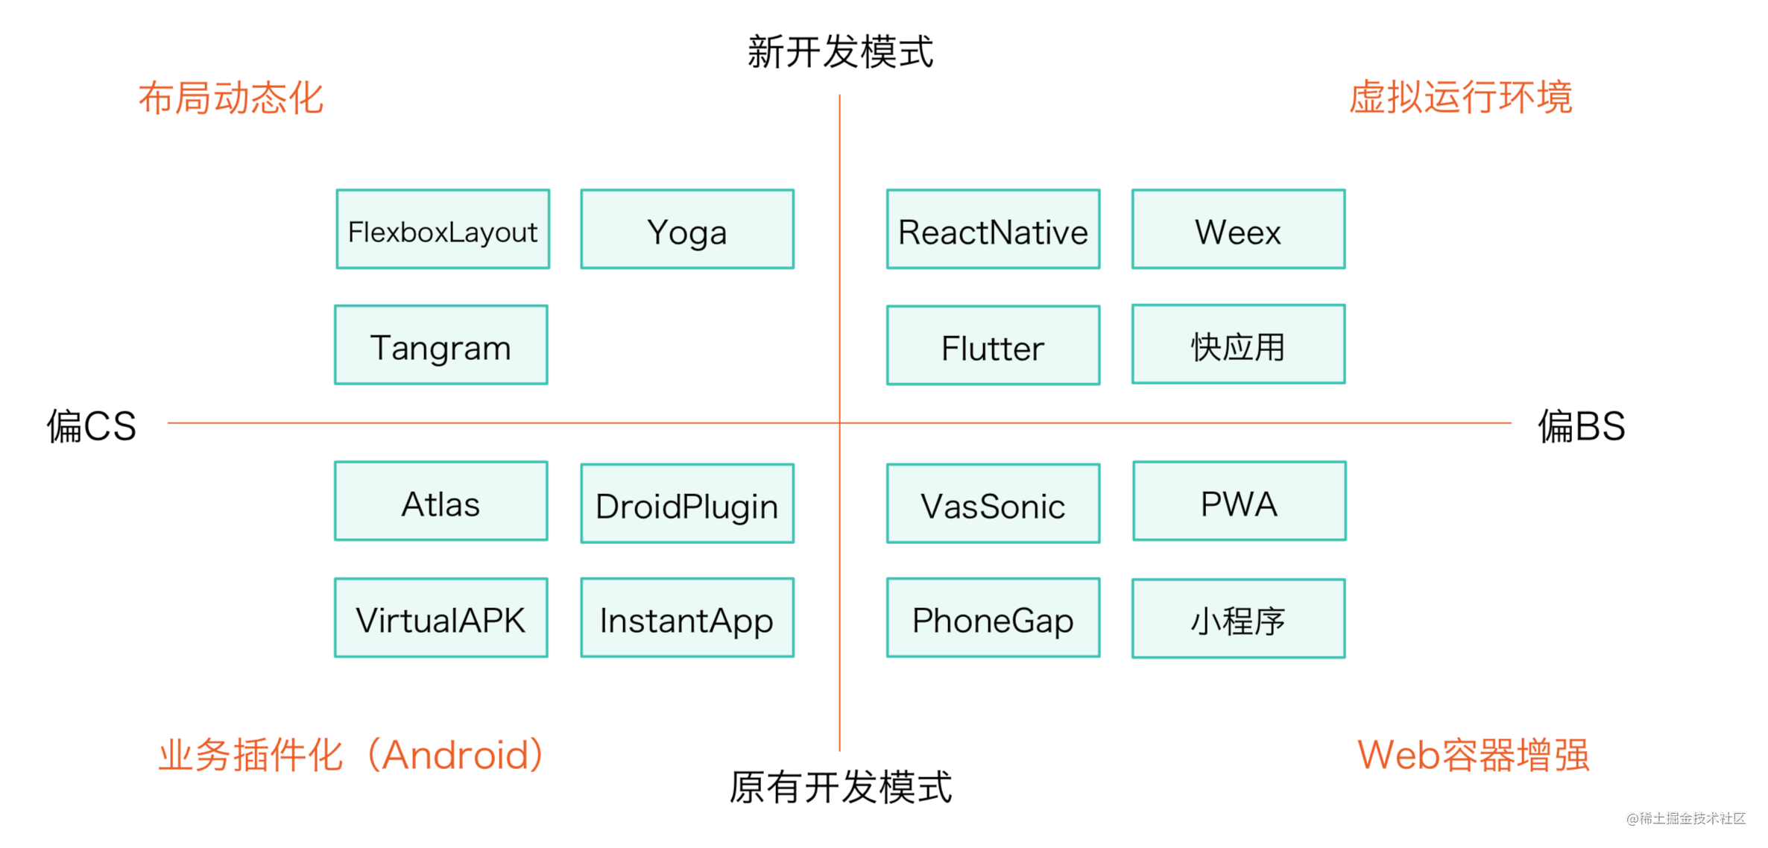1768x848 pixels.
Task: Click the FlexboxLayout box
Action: (x=443, y=229)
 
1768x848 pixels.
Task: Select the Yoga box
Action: (x=687, y=229)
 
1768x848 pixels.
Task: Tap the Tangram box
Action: (x=441, y=344)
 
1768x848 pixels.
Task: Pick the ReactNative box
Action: (x=993, y=229)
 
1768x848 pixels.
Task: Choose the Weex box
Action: (x=1239, y=229)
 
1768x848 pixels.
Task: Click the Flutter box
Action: (x=993, y=345)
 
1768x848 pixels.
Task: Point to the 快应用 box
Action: (x=1239, y=344)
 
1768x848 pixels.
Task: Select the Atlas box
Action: (x=441, y=501)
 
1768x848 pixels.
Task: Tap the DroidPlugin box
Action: (x=687, y=504)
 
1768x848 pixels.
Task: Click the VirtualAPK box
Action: (x=441, y=618)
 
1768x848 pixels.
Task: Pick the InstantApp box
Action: (x=687, y=618)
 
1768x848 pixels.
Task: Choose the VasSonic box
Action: (x=993, y=504)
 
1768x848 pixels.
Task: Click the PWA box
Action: (x=1240, y=501)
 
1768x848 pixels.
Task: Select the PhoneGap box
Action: (x=993, y=618)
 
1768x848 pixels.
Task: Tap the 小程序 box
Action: (x=1239, y=618)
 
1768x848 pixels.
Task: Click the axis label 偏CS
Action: (x=92, y=426)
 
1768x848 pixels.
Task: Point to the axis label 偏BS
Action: (x=1582, y=426)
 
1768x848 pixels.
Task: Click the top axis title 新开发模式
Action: (x=840, y=51)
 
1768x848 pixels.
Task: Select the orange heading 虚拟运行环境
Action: (x=1461, y=98)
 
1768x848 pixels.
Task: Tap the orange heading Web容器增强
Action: (x=1474, y=755)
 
